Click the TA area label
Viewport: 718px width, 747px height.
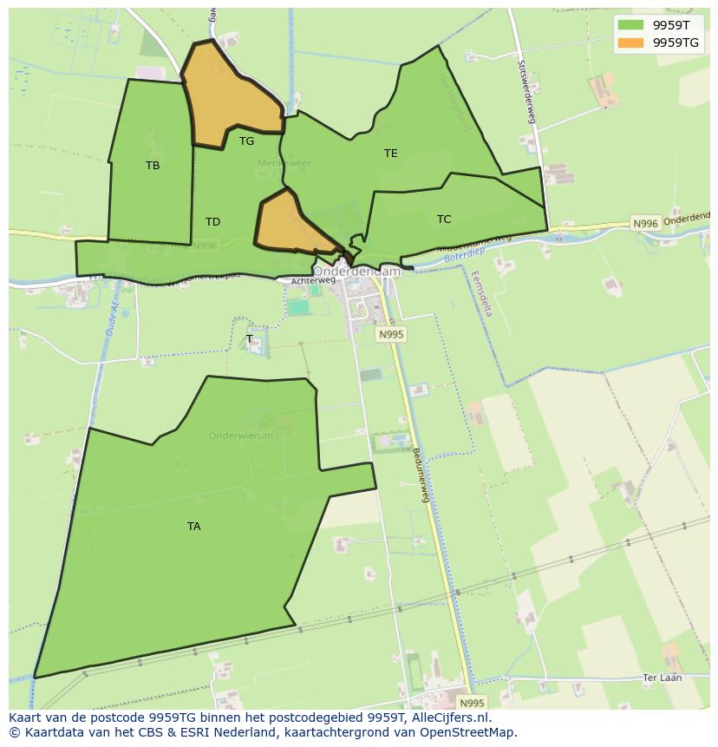click(193, 526)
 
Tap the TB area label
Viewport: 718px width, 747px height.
click(153, 165)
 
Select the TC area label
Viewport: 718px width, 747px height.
click(444, 219)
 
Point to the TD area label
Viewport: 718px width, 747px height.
click(212, 222)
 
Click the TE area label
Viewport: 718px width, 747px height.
click(391, 153)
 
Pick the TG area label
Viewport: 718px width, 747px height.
click(247, 141)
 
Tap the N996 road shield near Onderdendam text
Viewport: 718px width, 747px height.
click(645, 223)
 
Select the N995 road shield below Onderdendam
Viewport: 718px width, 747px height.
click(391, 334)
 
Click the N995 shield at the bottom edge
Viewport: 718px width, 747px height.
click(472, 703)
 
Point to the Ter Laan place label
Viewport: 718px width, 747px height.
click(663, 678)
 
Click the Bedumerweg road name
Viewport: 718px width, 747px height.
click(420, 475)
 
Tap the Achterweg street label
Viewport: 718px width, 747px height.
click(313, 280)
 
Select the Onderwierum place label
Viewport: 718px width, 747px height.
click(240, 436)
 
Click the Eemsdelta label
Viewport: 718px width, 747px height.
click(482, 293)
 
